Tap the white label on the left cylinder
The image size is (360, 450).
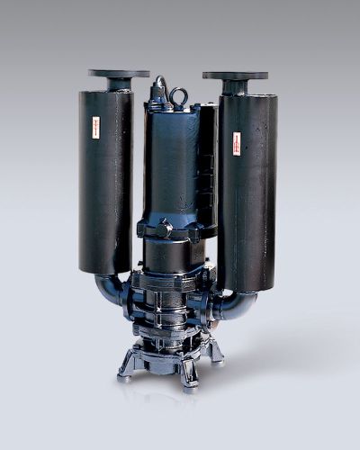[93, 127]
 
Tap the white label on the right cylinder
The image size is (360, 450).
[237, 142]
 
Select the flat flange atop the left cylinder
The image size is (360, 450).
[119, 74]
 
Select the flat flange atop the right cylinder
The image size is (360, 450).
[235, 76]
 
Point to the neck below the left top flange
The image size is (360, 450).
[119, 85]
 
